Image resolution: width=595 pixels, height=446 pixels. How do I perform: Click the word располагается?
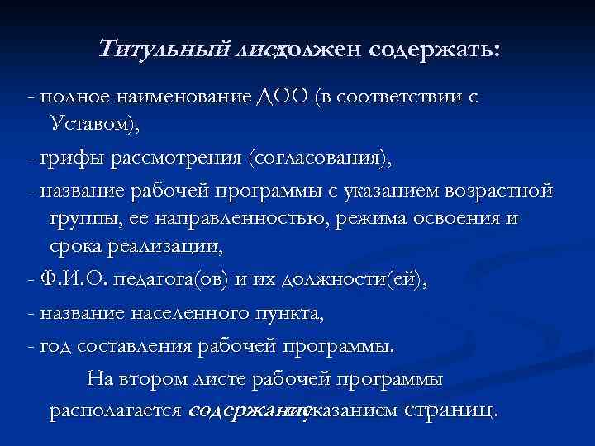[x=115, y=410]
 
